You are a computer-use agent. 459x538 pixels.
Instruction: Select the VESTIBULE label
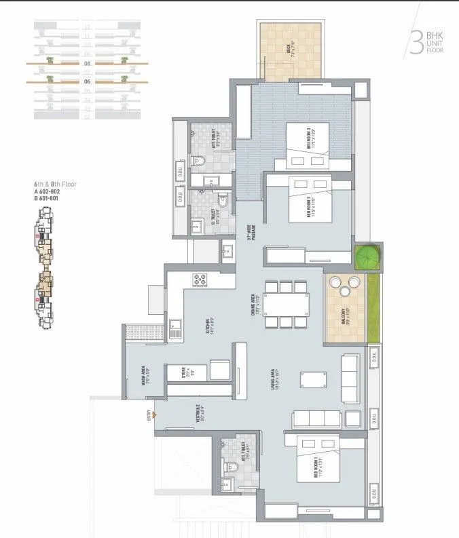pyautogui.click(x=198, y=416)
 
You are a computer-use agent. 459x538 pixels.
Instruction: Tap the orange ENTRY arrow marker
pyautogui.click(x=155, y=415)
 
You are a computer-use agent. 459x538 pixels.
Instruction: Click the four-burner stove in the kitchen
pyautogui.click(x=200, y=277)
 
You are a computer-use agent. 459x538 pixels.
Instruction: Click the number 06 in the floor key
pyautogui.click(x=87, y=81)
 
